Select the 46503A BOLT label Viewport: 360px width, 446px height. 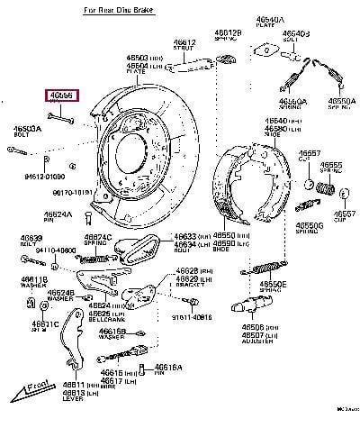coord(27,132)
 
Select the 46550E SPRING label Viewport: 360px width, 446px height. coord(274,287)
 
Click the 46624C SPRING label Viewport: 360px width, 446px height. coord(98,239)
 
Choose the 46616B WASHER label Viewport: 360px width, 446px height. coord(112,334)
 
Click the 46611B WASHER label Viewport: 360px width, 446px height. coord(35,282)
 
